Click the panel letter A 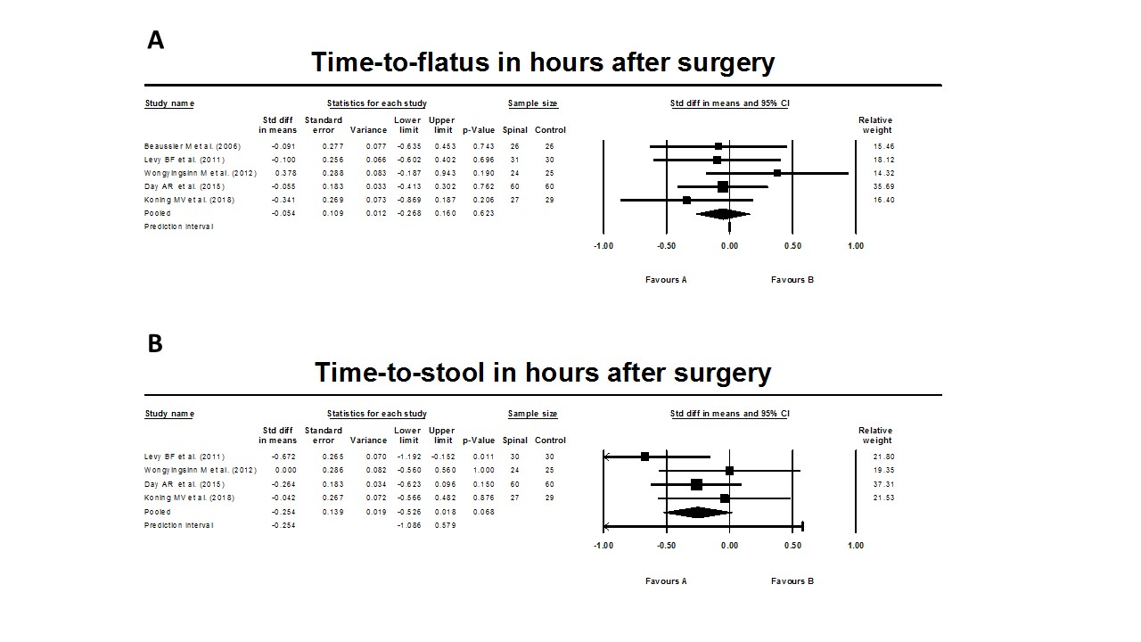155,41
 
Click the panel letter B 155,343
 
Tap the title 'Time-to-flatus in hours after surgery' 543,63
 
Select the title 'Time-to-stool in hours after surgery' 543,373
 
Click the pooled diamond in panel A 723,214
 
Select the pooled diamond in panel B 698,512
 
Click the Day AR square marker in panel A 723,186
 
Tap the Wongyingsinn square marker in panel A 777,173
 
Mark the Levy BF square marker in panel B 645,457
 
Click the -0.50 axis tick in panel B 666,546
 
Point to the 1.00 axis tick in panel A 855,246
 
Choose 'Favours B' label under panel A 792,280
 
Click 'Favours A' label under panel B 666,581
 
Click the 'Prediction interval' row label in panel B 179,525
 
